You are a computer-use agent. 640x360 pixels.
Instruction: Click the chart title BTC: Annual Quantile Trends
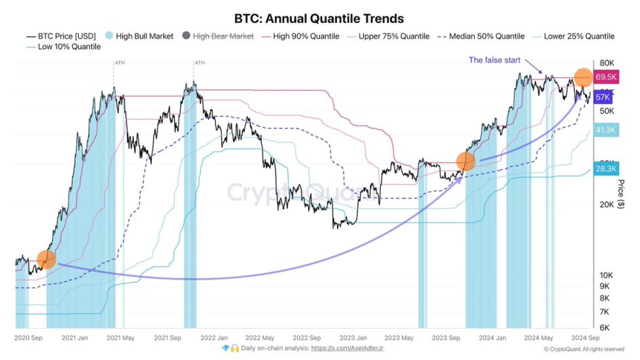(x=319, y=18)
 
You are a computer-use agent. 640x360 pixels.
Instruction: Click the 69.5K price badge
(x=605, y=77)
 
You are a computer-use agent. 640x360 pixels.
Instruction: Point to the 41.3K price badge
(x=605, y=130)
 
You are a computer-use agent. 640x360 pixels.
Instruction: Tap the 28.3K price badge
(x=605, y=169)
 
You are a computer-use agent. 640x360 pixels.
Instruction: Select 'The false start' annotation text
(x=494, y=60)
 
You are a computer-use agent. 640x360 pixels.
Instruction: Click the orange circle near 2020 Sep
(x=46, y=259)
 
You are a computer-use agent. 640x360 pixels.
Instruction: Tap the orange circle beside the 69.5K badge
(x=583, y=77)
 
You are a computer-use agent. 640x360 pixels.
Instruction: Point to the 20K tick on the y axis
(x=607, y=205)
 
